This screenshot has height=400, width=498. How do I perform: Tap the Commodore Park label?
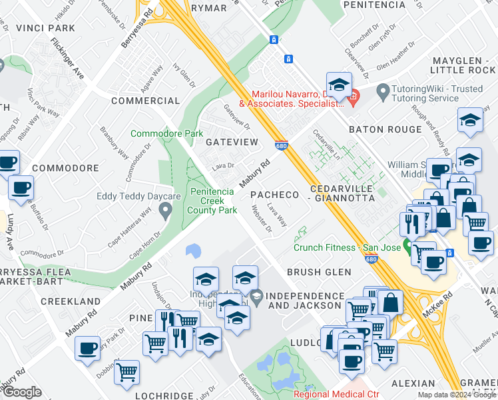pyautogui.click(x=166, y=133)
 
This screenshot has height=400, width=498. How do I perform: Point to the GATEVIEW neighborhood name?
pyautogui.click(x=231, y=143)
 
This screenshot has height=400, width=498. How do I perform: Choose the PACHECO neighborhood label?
pyautogui.click(x=274, y=195)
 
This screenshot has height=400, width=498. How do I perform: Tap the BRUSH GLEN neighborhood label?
pyautogui.click(x=318, y=272)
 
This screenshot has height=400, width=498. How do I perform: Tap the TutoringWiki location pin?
pyautogui.click(x=383, y=90)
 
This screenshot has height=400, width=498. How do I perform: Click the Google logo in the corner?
pyautogui.click(x=22, y=392)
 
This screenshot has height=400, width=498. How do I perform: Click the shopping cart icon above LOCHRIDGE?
pyautogui.click(x=126, y=372)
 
